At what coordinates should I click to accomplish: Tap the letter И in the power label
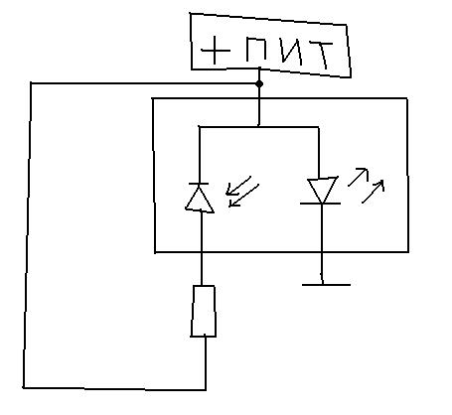[291, 52]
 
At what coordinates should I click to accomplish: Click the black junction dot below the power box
[259, 84]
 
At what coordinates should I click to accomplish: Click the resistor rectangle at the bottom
[203, 311]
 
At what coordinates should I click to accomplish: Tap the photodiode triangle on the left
[200, 199]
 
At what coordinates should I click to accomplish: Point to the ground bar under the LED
[326, 284]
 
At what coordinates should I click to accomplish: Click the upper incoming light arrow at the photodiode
[238, 186]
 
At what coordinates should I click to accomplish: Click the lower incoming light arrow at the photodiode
[244, 196]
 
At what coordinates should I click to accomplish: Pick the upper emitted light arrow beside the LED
[359, 177]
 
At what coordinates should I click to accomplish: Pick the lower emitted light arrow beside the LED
[374, 192]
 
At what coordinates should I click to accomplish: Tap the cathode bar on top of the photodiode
[199, 183]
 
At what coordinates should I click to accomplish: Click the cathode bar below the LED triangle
[320, 204]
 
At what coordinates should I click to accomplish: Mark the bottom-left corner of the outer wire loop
[24, 387]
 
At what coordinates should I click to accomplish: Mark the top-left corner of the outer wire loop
[31, 83]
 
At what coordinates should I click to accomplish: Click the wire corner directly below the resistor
[206, 390]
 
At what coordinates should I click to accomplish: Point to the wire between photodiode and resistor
[202, 249]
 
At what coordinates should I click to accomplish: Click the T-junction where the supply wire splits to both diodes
[258, 126]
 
